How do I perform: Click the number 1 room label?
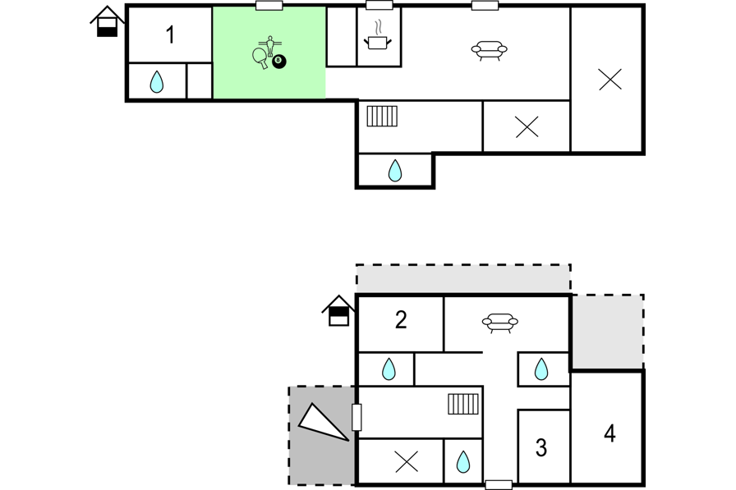170,35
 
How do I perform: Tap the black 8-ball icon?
278,61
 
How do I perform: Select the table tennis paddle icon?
260,58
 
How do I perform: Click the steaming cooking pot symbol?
377,36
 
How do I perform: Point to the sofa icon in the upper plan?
489,50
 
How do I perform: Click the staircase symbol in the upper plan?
382,117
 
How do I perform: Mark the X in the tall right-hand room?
610,80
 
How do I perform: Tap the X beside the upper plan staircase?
527,126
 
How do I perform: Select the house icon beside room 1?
107,21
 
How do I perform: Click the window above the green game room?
269,6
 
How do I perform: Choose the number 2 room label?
401,320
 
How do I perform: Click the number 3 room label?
541,448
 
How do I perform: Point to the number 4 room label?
609,433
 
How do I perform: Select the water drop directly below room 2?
389,369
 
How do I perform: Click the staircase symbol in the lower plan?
463,404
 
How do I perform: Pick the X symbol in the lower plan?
407,462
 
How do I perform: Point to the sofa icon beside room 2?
500,323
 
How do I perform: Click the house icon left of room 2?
338,311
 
